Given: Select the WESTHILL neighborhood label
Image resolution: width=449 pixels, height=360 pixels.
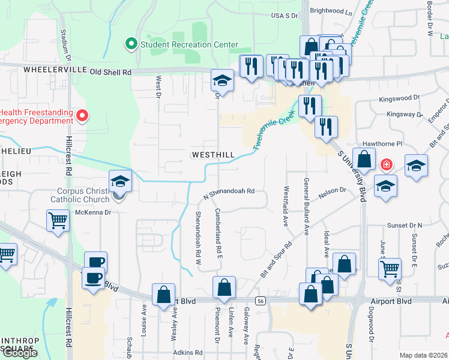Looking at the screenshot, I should coord(213,155).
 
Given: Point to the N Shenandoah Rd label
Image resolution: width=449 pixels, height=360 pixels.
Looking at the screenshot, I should coord(229,191).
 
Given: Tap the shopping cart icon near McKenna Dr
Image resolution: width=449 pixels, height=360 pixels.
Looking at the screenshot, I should coord(58,220).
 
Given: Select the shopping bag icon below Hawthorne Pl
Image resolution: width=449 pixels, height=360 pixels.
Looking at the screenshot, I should coord(364,160).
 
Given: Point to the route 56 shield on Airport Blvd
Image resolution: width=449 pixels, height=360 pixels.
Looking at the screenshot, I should coord(259,300).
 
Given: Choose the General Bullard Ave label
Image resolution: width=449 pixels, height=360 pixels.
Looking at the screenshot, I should coord(306,206).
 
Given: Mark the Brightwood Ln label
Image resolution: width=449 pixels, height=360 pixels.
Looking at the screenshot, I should coord(331,11).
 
